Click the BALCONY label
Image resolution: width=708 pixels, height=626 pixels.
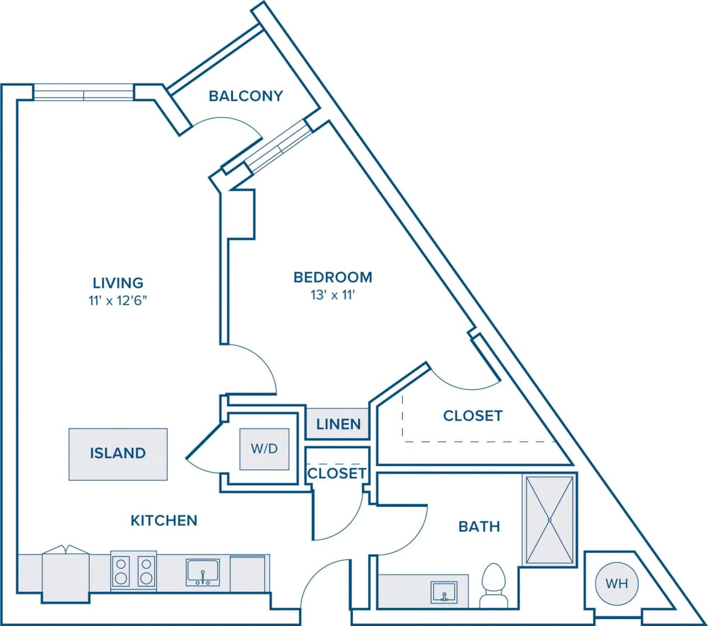pyautogui.click(x=246, y=96)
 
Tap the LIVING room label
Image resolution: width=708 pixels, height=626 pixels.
pyautogui.click(x=118, y=283)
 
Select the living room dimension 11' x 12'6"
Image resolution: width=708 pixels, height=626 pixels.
pyautogui.click(x=118, y=301)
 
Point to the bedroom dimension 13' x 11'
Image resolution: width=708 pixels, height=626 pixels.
pyautogui.click(x=332, y=295)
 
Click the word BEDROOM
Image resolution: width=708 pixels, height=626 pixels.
pyautogui.click(x=332, y=277)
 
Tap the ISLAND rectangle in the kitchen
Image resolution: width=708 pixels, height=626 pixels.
pyautogui.click(x=118, y=453)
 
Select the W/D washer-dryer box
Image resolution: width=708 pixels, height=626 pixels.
pyautogui.click(x=264, y=448)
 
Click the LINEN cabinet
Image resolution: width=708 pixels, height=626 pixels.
pyautogui.click(x=338, y=424)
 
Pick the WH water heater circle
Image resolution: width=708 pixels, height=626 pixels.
pyautogui.click(x=616, y=583)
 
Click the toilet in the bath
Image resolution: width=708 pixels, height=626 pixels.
pyautogui.click(x=493, y=585)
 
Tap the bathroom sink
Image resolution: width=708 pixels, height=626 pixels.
pyautogui.click(x=444, y=592)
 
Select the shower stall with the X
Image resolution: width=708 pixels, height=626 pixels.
pyautogui.click(x=550, y=520)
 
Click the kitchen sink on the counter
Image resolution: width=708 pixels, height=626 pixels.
pyautogui.click(x=203, y=573)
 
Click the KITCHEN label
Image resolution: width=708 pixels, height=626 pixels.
pyautogui.click(x=164, y=520)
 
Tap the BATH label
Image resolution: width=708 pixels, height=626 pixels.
pyautogui.click(x=479, y=526)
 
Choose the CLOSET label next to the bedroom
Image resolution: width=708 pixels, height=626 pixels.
pyautogui.click(x=472, y=416)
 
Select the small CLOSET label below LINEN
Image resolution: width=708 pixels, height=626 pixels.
pyautogui.click(x=336, y=473)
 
